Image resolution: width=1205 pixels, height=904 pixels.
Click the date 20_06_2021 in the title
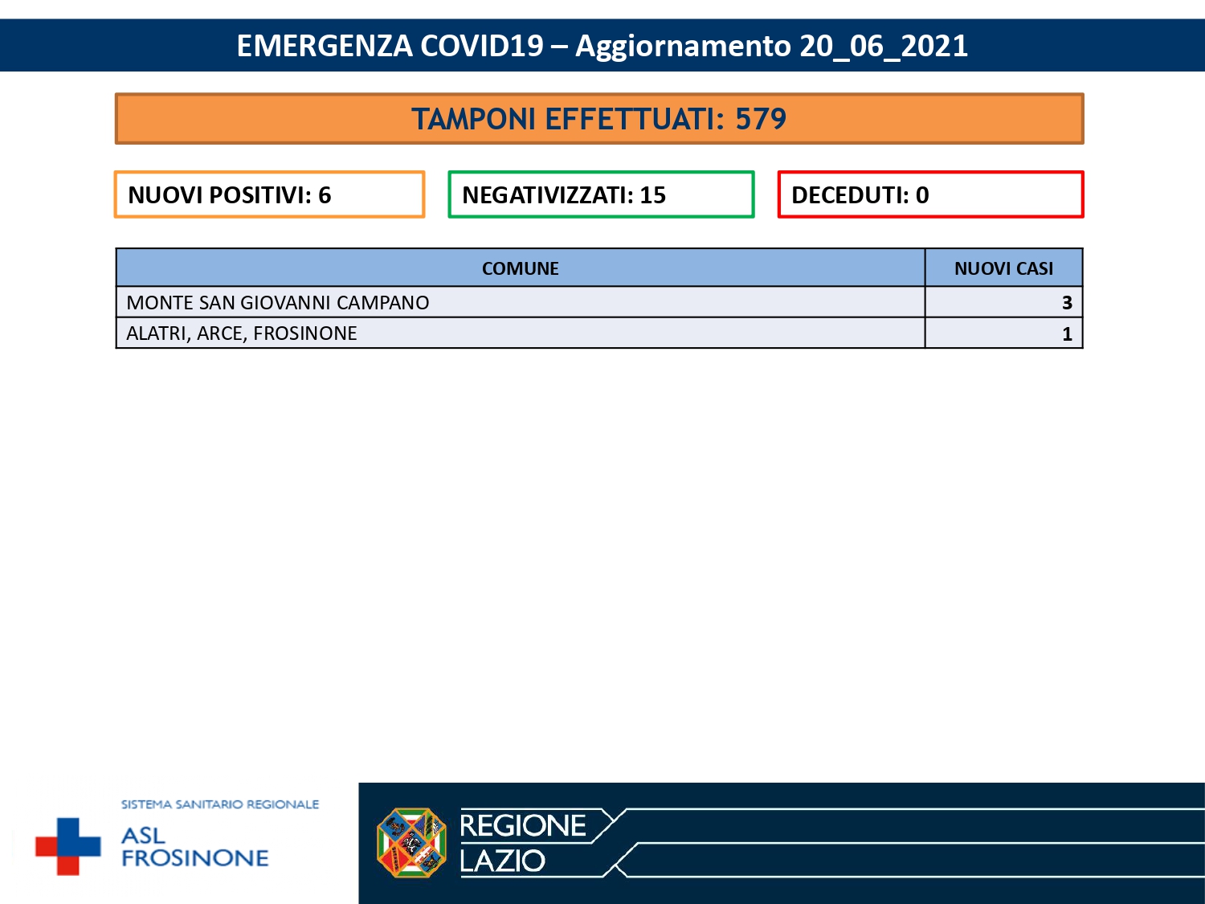(x=883, y=46)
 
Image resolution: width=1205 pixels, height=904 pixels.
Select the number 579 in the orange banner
(x=760, y=119)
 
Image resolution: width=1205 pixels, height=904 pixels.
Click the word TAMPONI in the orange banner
(x=474, y=119)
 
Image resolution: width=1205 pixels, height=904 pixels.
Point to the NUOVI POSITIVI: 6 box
(x=269, y=194)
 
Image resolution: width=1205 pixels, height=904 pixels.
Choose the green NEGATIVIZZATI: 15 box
(x=601, y=194)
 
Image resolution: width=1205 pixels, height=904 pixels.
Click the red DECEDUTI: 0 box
(x=930, y=194)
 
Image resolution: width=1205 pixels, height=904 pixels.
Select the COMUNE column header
(x=520, y=268)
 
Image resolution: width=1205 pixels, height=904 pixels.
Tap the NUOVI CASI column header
(x=1003, y=268)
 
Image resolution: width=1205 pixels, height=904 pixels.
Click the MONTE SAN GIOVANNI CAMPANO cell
(x=278, y=303)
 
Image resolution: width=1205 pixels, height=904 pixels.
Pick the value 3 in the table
(x=1067, y=303)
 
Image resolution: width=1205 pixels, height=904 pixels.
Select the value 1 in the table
(x=1067, y=334)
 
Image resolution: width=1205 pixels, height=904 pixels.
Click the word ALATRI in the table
(x=158, y=333)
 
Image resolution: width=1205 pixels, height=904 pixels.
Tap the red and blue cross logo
(x=68, y=846)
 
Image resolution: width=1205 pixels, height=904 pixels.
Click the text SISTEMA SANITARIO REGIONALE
(x=220, y=804)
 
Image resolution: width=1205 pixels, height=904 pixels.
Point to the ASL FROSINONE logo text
(x=194, y=848)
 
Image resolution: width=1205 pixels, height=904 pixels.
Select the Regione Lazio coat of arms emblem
(x=411, y=843)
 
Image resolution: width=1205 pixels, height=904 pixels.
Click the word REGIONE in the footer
(x=523, y=826)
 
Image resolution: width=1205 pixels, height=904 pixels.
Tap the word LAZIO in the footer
(x=503, y=861)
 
